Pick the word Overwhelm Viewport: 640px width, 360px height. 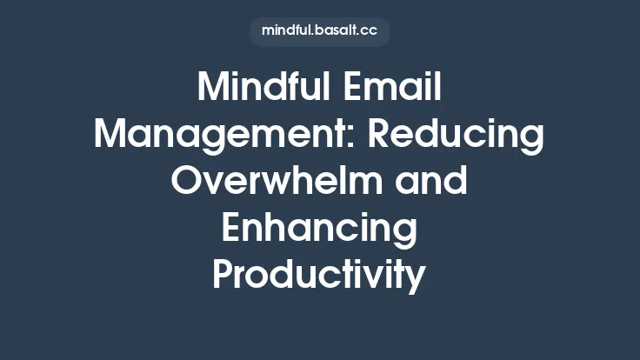click(270, 182)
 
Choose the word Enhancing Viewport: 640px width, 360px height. click(319, 229)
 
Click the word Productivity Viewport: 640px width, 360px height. click(319, 276)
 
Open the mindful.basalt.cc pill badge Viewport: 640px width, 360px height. click(319, 30)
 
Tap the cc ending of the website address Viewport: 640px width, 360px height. click(370, 30)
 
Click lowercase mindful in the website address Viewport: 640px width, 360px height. click(287, 30)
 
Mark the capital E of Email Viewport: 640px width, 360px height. click(356, 88)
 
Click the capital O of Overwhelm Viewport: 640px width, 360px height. click(188, 182)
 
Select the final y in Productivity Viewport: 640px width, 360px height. click(417, 280)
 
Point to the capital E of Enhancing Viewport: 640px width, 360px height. click(232, 229)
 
